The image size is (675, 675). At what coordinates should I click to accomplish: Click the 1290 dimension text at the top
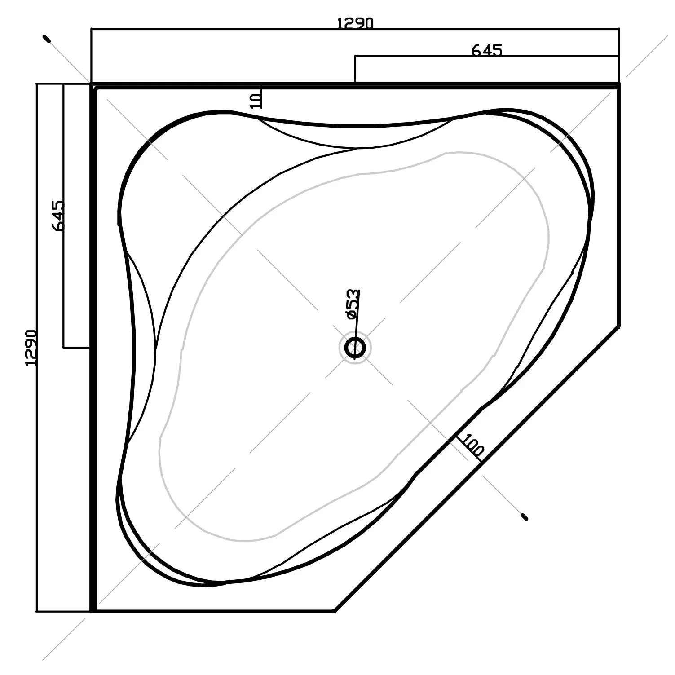click(x=355, y=23)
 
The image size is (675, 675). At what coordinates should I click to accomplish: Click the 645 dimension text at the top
click(x=486, y=50)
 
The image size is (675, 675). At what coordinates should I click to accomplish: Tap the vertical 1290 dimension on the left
click(x=31, y=348)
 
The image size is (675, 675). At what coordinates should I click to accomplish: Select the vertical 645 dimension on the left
click(x=58, y=216)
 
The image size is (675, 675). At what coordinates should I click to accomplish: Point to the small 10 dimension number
click(x=256, y=100)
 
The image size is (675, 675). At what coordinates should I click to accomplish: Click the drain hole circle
click(x=355, y=348)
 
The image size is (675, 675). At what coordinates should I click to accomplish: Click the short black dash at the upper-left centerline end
click(x=47, y=39)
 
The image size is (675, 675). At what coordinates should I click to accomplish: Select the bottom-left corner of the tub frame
click(x=93, y=611)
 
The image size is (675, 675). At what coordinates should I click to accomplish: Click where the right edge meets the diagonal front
click(x=619, y=325)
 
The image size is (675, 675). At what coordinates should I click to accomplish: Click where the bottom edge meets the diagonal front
click(x=335, y=611)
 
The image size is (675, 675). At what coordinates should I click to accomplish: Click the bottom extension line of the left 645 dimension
click(x=76, y=347)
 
